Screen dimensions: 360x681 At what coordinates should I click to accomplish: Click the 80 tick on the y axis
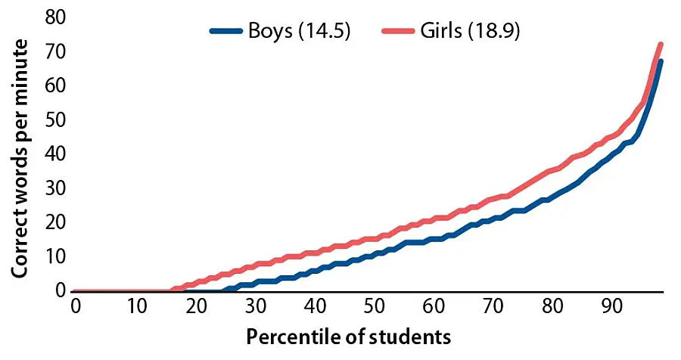point(54,17)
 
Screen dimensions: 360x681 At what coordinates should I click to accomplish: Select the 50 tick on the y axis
point(54,119)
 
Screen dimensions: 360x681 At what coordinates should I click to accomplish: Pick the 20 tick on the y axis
point(54,222)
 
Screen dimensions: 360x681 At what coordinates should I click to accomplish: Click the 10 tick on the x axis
point(135,306)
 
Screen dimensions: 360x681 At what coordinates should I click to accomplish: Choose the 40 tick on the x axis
point(314,306)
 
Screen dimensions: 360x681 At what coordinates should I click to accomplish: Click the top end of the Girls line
point(661,44)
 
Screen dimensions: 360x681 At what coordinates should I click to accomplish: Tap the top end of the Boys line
point(661,61)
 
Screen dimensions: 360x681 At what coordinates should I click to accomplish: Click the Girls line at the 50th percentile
point(374,239)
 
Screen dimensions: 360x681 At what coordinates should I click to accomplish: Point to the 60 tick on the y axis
point(54,85)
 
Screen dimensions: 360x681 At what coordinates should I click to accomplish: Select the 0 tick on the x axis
point(76,306)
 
